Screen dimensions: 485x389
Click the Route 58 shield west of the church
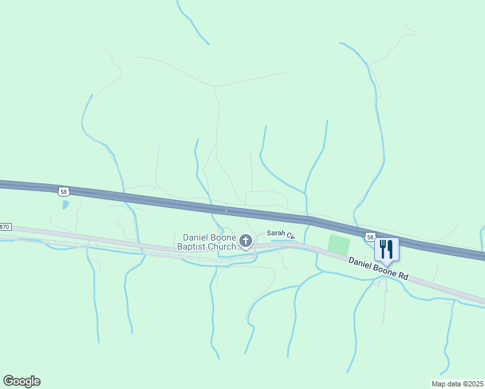[62, 191]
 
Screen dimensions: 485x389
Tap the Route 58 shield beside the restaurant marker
[369, 237]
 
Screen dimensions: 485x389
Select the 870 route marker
[5, 227]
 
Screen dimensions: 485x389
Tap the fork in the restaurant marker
[383, 248]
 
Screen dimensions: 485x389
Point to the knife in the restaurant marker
[390, 248]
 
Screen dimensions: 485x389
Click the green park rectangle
[338, 245]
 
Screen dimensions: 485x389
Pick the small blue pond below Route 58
[65, 205]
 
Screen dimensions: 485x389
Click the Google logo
[21, 381]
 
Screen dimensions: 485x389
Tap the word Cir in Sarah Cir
[290, 237]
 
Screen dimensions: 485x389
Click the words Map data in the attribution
[445, 384]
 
